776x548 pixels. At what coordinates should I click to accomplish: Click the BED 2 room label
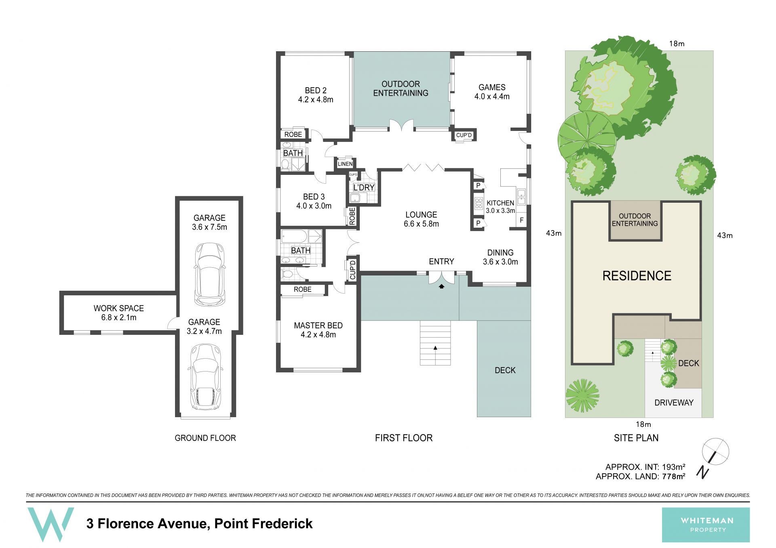coord(316,90)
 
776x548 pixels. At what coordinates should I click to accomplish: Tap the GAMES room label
coord(492,87)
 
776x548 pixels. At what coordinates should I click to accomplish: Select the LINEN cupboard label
coord(345,164)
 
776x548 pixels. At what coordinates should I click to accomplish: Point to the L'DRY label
coord(364,187)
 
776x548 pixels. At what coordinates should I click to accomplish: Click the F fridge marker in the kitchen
coord(522,220)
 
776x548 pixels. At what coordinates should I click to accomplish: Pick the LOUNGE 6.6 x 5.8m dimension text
coord(421,224)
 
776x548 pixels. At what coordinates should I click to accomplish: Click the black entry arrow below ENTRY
coord(442,286)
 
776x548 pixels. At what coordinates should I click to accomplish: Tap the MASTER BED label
coord(318,325)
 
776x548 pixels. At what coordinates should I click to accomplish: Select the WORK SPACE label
coord(119,308)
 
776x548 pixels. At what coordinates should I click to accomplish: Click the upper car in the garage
coord(209,274)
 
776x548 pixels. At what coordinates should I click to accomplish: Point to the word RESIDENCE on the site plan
coord(637,276)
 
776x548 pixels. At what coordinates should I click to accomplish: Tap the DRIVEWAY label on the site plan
coord(674,403)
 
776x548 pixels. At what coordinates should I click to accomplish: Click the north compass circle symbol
coord(715,451)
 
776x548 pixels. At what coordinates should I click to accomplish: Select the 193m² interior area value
coord(673,467)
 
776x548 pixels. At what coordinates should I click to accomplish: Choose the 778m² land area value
coord(673,477)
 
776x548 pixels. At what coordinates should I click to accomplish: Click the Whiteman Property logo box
coord(706,525)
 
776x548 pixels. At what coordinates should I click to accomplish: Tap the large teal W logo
coord(51,525)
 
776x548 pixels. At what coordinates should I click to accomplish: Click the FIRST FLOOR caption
coord(403,438)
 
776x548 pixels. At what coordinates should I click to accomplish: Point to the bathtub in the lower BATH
coord(294,236)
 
